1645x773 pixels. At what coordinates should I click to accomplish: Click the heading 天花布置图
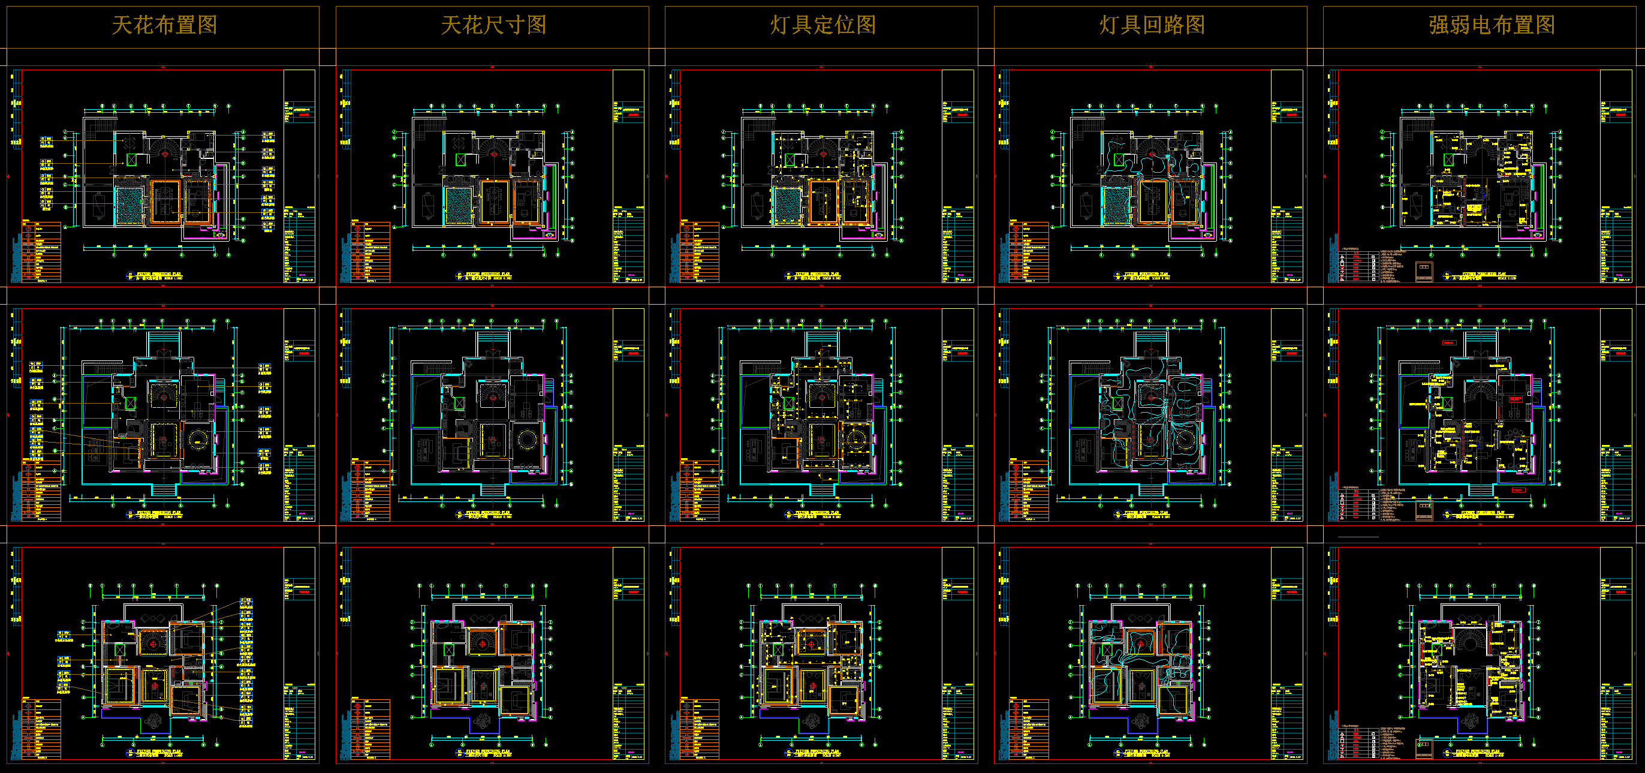164,26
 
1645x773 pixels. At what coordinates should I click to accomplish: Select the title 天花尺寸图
493,26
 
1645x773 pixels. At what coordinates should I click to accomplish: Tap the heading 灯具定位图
822,26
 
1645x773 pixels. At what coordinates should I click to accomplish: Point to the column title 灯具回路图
1152,26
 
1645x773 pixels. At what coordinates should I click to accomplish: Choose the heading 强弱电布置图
1492,26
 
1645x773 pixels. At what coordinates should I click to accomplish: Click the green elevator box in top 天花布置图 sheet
131,159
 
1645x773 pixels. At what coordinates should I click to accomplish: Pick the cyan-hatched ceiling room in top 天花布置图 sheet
129,205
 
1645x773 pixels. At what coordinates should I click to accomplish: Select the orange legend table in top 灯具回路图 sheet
1029,252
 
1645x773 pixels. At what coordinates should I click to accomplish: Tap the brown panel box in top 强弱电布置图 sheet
1424,271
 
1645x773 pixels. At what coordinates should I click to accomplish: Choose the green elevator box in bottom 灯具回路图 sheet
1107,649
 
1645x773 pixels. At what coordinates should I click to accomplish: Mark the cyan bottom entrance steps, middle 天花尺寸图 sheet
492,490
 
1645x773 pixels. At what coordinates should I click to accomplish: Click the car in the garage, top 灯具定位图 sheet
757,206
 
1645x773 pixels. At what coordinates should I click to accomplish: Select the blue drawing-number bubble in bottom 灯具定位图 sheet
788,754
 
